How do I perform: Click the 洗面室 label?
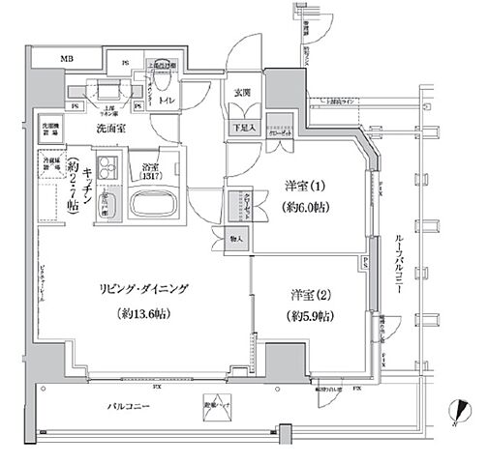point(107,129)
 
